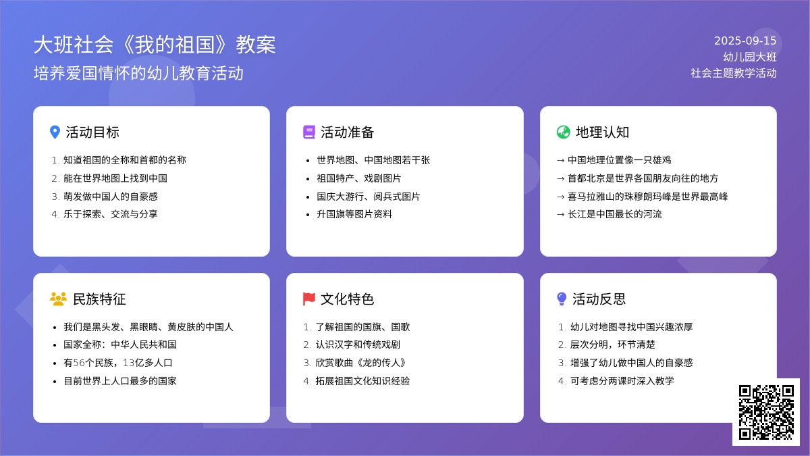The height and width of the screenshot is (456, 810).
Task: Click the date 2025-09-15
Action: coord(745,41)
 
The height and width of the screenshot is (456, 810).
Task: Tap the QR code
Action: coord(766,412)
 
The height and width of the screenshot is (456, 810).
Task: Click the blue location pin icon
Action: coord(55,132)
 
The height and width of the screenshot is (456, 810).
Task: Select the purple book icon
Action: coord(309,132)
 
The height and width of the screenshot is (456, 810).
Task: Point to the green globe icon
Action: coord(564,132)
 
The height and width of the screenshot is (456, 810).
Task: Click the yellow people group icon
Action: coord(58,299)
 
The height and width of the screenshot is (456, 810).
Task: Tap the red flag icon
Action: coord(309,299)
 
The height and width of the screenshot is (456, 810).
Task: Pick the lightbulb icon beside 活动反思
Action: coord(562,299)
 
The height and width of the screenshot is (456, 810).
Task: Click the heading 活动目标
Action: coord(92,132)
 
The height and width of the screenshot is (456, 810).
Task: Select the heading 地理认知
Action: coord(602,132)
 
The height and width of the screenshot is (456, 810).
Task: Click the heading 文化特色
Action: coord(347,299)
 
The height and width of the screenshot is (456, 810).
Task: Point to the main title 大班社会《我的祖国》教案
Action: coord(155,45)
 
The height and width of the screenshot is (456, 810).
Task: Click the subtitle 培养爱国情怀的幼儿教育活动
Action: coord(138,73)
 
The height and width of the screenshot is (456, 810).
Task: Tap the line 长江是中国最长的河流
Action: coord(615,214)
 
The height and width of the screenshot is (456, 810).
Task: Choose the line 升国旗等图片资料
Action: coord(354,214)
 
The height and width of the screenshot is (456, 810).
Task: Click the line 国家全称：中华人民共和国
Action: coord(120,345)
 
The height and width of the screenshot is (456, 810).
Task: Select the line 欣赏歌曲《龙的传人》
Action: coord(360,363)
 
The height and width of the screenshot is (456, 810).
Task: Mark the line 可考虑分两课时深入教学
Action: coord(622,381)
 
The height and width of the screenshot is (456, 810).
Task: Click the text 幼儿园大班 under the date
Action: coord(750,57)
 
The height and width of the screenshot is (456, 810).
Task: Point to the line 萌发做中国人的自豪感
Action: coord(111,197)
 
